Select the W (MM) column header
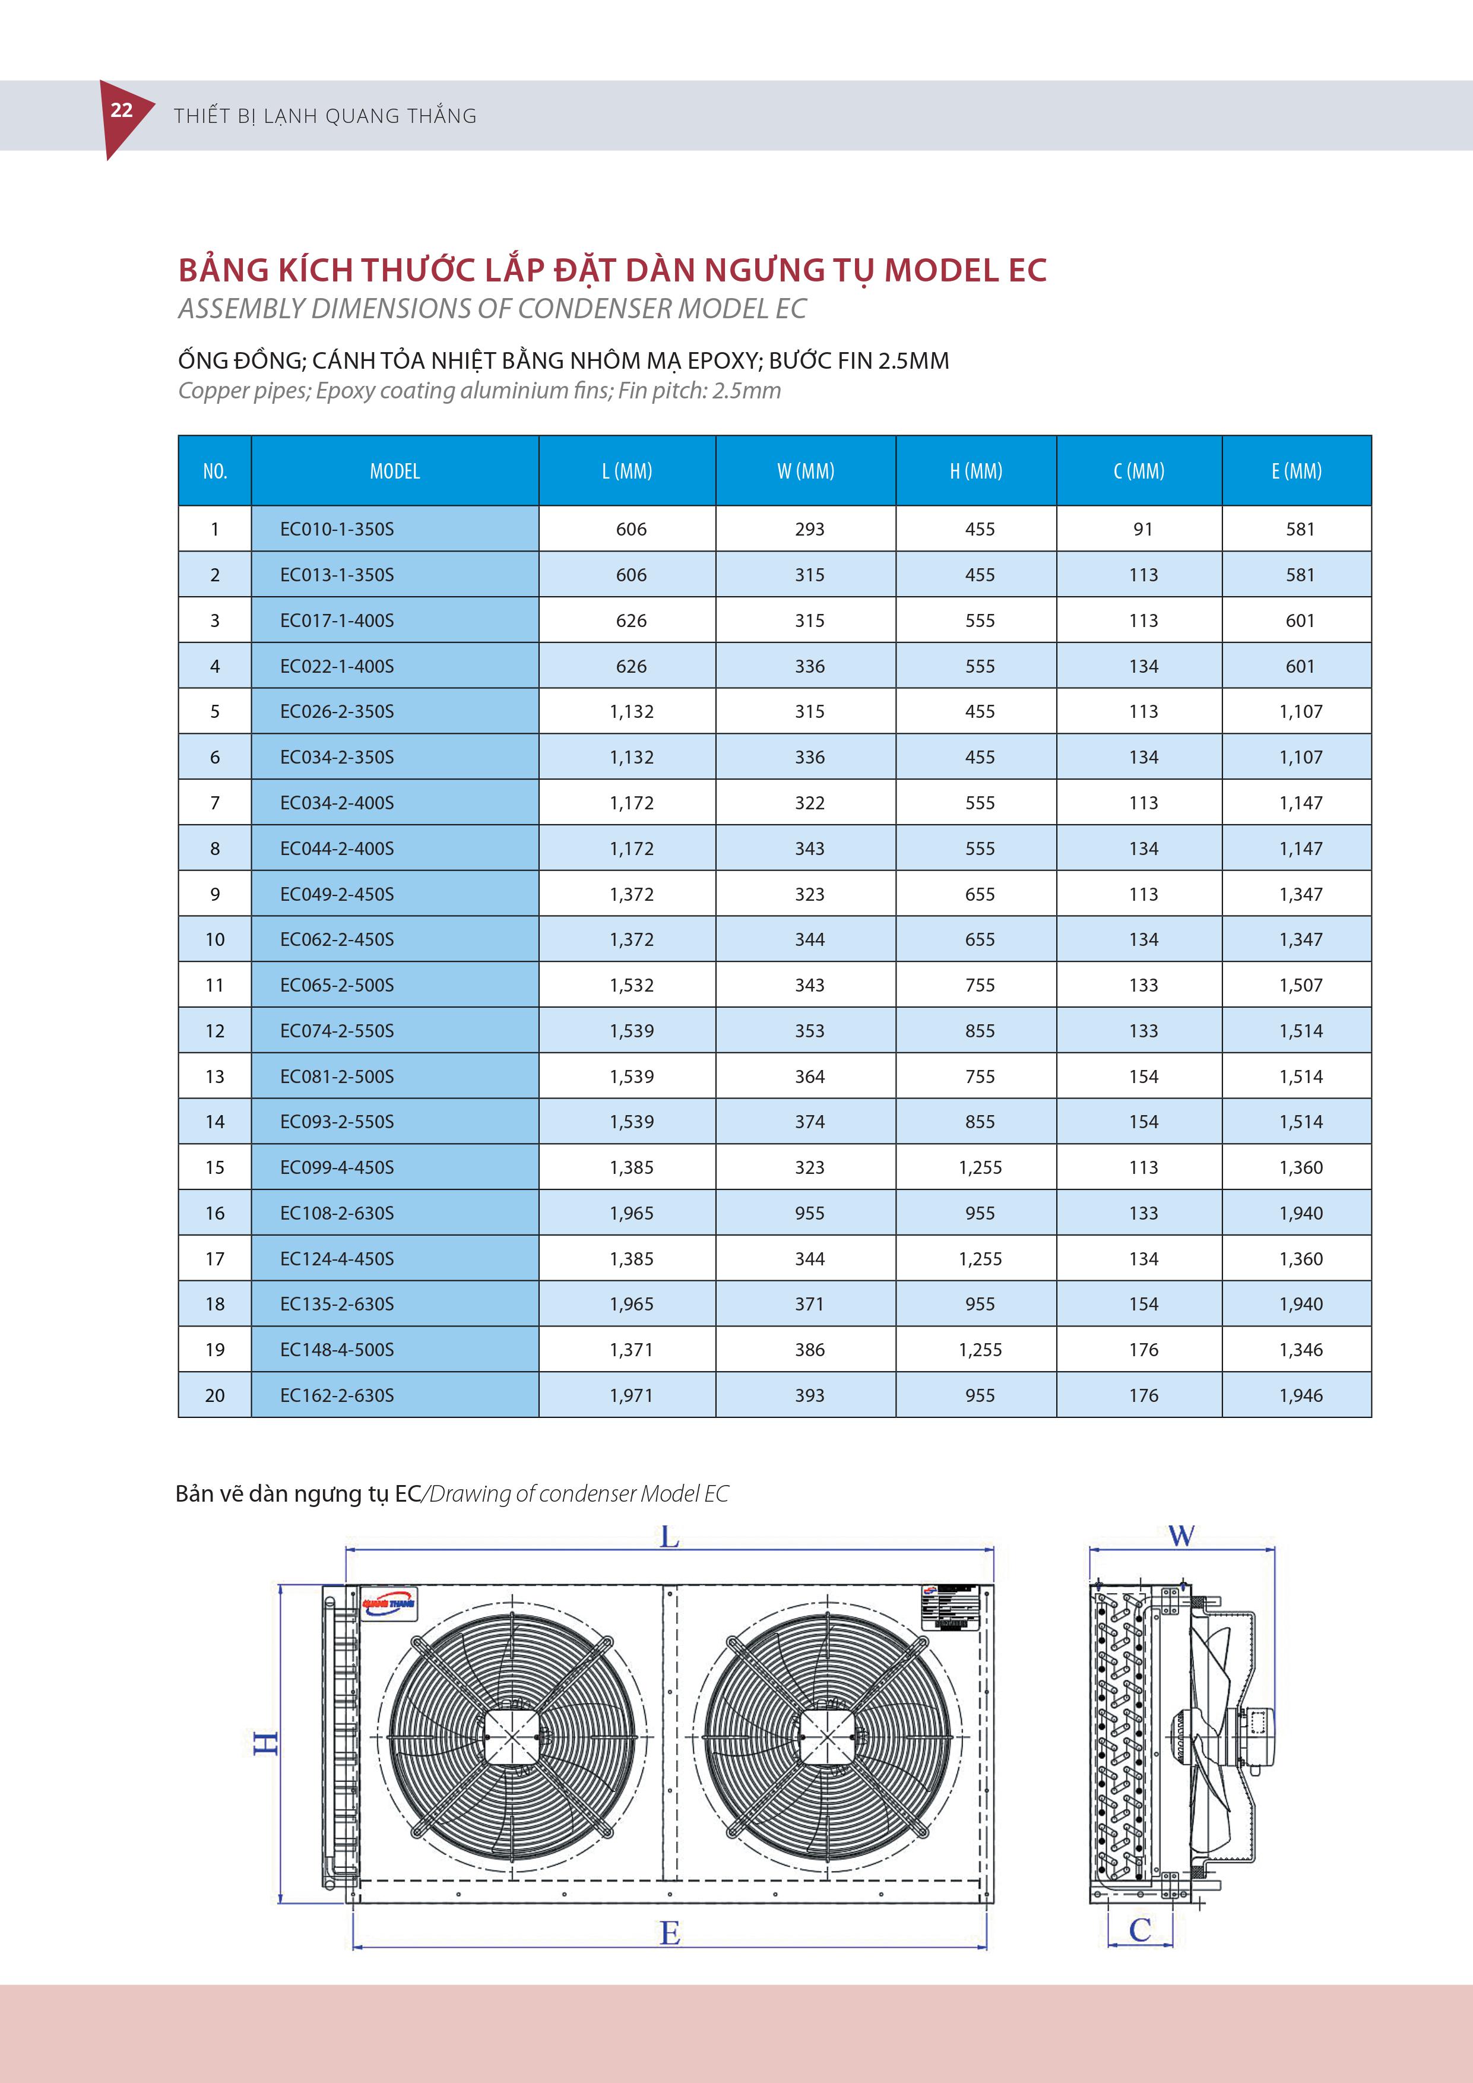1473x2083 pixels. (x=806, y=471)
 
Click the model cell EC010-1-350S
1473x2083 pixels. (x=337, y=529)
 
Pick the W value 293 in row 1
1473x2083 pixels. (x=809, y=529)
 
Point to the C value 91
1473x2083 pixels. (x=1143, y=529)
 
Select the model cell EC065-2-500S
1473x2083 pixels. (x=337, y=985)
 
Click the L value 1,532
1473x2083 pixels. (x=631, y=985)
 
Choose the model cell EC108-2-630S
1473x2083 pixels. (x=337, y=1213)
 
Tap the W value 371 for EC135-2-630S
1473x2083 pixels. (x=809, y=1304)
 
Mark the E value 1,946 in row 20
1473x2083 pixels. (x=1301, y=1395)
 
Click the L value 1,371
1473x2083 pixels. (x=631, y=1350)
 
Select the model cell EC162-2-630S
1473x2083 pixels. (x=337, y=1395)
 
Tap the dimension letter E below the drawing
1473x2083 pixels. (x=669, y=1933)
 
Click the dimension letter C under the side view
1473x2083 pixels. (x=1140, y=1930)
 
